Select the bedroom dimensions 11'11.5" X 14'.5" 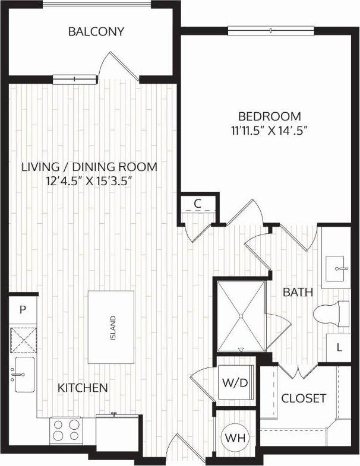click(x=270, y=129)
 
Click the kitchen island click(x=111, y=327)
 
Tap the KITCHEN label click(x=83, y=388)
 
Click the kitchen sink click(x=23, y=375)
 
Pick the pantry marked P click(x=23, y=309)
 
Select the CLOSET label click(x=304, y=398)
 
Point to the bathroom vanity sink click(x=339, y=268)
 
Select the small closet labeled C click(x=198, y=204)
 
